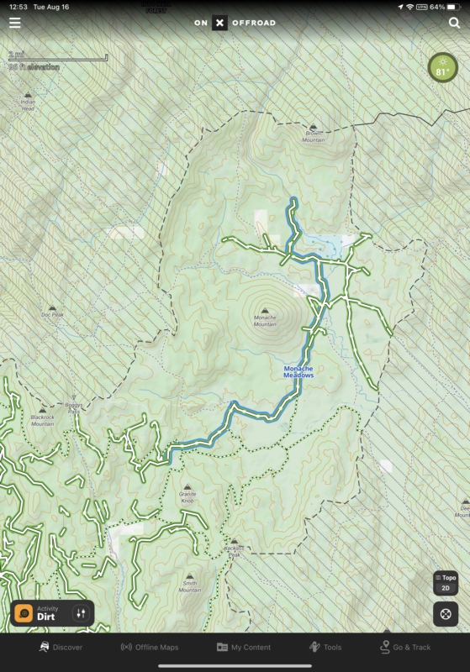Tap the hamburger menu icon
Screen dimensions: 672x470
click(x=14, y=24)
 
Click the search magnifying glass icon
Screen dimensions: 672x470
click(x=455, y=24)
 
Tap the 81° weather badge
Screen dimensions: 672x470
click(x=442, y=67)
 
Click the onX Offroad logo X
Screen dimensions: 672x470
click(x=219, y=23)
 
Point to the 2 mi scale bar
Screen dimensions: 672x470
click(x=57, y=57)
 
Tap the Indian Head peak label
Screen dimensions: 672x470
click(x=28, y=105)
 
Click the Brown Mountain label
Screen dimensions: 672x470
click(x=314, y=136)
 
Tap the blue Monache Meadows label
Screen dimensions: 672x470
click(x=298, y=372)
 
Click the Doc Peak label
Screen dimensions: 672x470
click(x=52, y=314)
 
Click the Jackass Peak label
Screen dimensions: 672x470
click(x=233, y=551)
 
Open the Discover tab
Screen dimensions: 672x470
click(x=61, y=648)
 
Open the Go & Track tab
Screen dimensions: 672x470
click(x=405, y=648)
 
